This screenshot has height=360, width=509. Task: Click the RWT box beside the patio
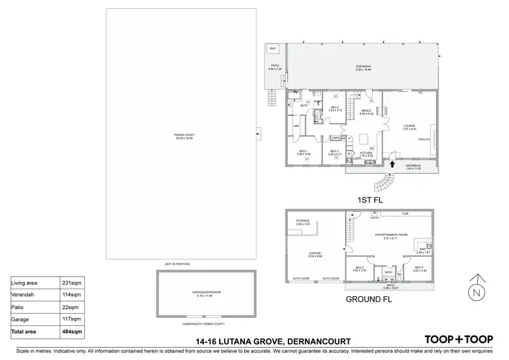(x=273, y=49)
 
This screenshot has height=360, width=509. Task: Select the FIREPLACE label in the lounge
(x=424, y=139)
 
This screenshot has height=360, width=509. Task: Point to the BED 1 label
(x=303, y=151)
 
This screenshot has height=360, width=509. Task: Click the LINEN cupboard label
(x=335, y=138)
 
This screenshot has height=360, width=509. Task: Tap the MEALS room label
(x=365, y=111)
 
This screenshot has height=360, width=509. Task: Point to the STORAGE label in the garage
(x=303, y=222)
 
